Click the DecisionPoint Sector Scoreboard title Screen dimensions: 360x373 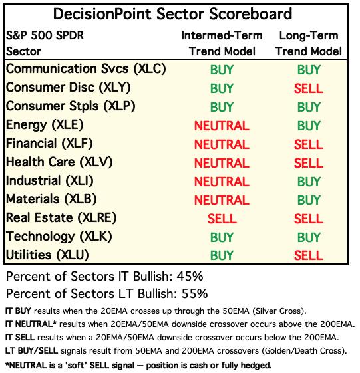172,14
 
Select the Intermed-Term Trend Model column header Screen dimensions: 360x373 222,43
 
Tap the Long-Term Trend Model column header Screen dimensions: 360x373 309,43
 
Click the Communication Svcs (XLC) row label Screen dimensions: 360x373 86,69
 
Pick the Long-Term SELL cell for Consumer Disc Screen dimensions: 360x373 309,88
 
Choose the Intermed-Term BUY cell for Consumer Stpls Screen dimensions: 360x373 222,107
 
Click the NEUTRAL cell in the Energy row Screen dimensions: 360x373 222,126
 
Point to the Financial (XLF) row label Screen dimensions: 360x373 49,144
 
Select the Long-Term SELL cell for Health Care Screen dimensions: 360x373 309,163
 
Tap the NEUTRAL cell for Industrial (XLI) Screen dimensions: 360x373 222,182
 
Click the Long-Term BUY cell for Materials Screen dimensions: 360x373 309,200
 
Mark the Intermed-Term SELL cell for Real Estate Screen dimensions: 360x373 222,219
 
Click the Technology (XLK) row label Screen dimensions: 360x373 59,237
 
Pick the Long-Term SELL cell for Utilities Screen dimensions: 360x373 309,255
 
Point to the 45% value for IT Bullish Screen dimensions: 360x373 190,277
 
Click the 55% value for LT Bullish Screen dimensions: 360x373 194,293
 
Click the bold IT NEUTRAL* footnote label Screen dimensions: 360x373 31,324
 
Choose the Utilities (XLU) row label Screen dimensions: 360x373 47,255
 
